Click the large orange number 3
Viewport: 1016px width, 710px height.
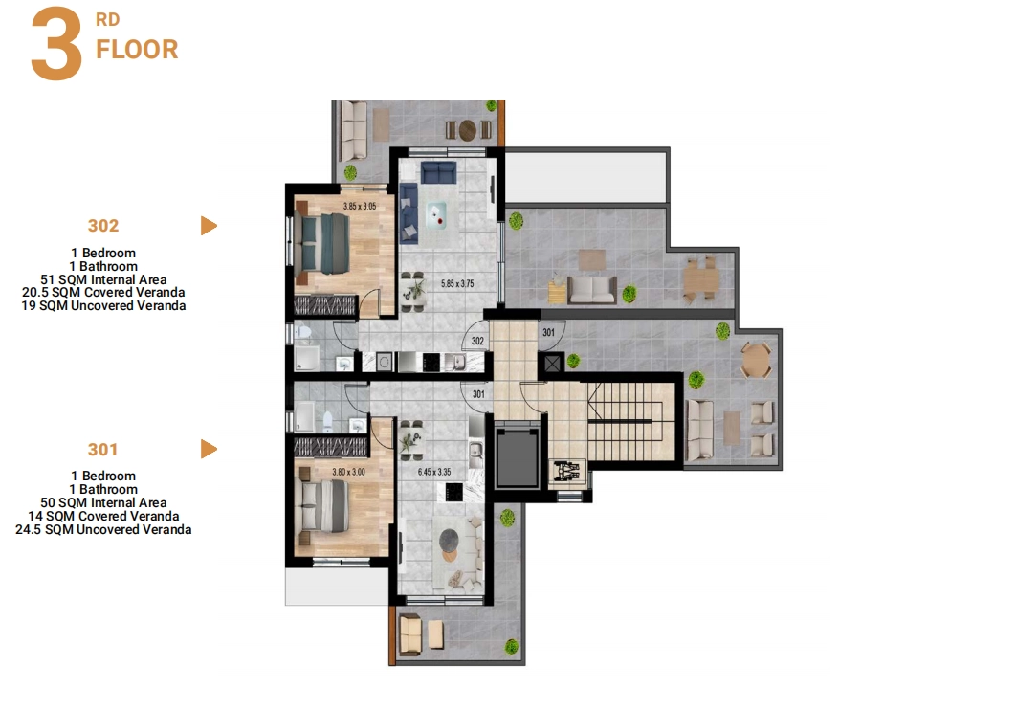[57, 44]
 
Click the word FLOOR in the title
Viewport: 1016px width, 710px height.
[137, 50]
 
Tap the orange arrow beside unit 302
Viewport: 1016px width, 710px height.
[209, 226]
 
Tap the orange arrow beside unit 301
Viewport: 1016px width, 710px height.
[209, 449]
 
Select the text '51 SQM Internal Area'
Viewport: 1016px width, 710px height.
[103, 279]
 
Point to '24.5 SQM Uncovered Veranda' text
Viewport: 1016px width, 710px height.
[103, 529]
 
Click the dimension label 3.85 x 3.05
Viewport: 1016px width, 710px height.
[360, 206]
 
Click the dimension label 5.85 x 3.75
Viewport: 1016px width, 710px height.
[457, 284]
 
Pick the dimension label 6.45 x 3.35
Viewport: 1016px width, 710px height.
[434, 472]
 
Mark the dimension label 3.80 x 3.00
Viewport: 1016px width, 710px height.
[348, 472]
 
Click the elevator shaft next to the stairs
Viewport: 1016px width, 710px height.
[517, 456]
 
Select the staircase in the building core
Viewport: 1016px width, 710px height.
[626, 421]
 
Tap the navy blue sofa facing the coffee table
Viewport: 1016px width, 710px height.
[439, 173]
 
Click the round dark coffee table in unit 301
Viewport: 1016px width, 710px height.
[449, 540]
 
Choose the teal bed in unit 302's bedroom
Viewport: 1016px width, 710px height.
[324, 244]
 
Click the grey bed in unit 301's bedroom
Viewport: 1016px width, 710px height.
[322, 505]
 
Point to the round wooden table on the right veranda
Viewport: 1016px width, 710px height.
[756, 360]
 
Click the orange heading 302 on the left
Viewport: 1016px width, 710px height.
[103, 226]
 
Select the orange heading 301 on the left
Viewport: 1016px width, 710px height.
[102, 449]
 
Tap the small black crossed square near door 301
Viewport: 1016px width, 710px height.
[552, 363]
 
